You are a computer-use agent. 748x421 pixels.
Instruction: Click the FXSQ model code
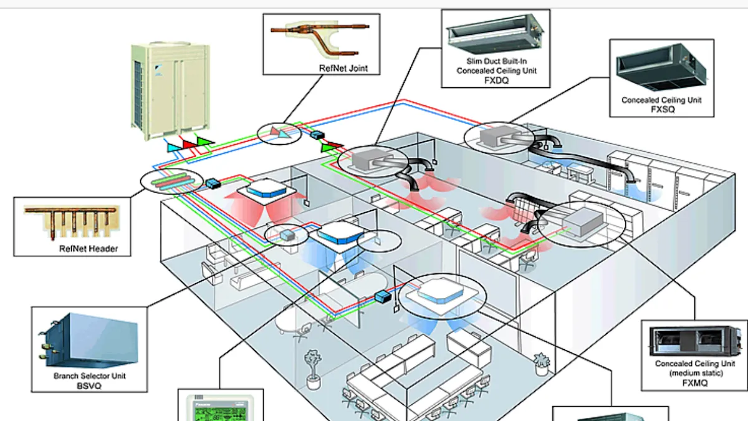pos(661,109)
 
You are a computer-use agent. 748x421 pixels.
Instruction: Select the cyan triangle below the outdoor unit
pos(172,147)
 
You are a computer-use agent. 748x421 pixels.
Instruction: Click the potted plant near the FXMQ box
pos(541,362)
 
